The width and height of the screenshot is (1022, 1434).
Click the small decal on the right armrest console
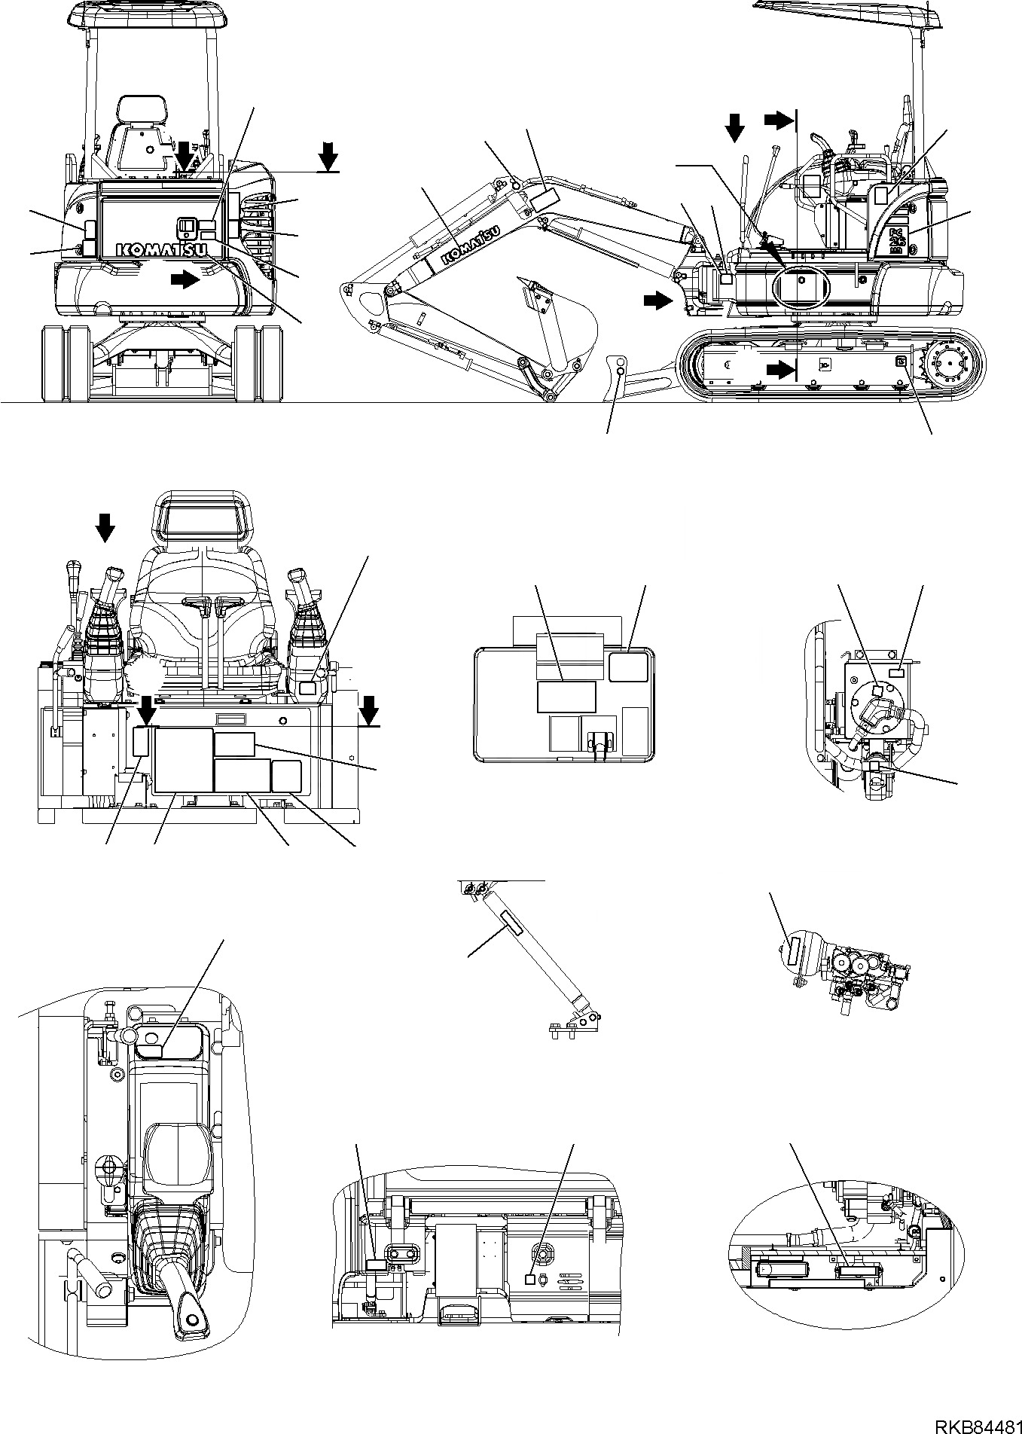[x=309, y=688]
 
